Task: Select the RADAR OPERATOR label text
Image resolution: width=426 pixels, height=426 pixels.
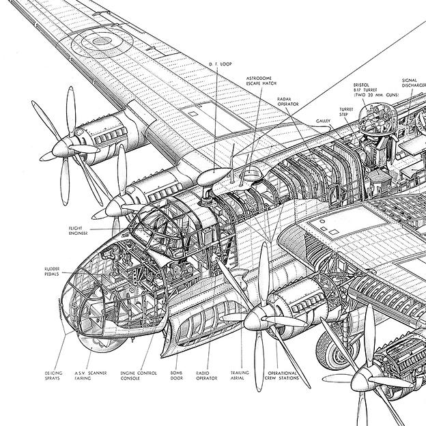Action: click(x=289, y=102)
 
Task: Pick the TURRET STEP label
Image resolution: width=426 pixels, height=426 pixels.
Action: click(x=349, y=112)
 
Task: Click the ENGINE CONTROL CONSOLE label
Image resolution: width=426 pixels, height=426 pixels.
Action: click(x=134, y=375)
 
